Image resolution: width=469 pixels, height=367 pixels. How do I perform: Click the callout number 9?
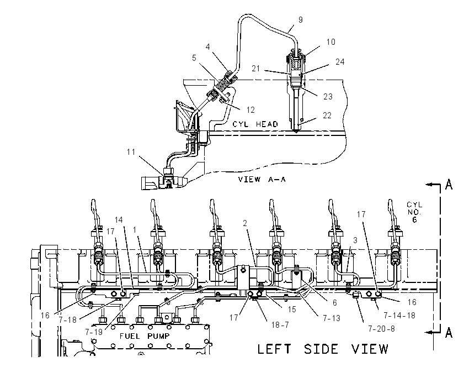tap(301, 20)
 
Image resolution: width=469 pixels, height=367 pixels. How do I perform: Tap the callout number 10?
tap(331, 42)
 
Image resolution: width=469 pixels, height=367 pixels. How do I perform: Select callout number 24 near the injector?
tap(340, 62)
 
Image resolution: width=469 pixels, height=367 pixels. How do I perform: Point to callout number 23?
tap(328, 97)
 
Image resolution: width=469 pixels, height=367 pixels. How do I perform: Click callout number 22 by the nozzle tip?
tap(327, 116)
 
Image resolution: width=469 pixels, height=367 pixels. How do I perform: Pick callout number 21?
tap(255, 69)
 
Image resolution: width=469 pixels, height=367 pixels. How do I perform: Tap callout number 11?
tap(131, 152)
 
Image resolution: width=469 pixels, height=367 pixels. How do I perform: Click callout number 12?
tap(251, 110)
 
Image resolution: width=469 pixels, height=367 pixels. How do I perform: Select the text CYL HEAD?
tap(255, 124)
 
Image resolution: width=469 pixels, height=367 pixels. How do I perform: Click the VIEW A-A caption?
tap(262, 180)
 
